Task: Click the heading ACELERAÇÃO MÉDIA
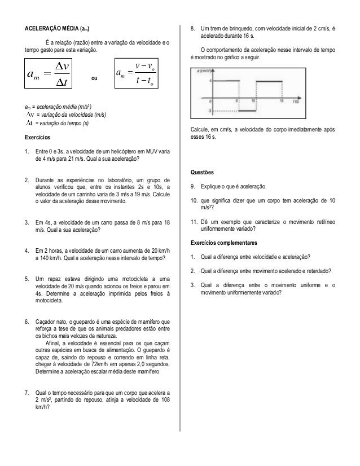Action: pos(56,28)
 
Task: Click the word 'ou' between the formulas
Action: pos(94,80)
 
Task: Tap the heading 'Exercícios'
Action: pos(36,137)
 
